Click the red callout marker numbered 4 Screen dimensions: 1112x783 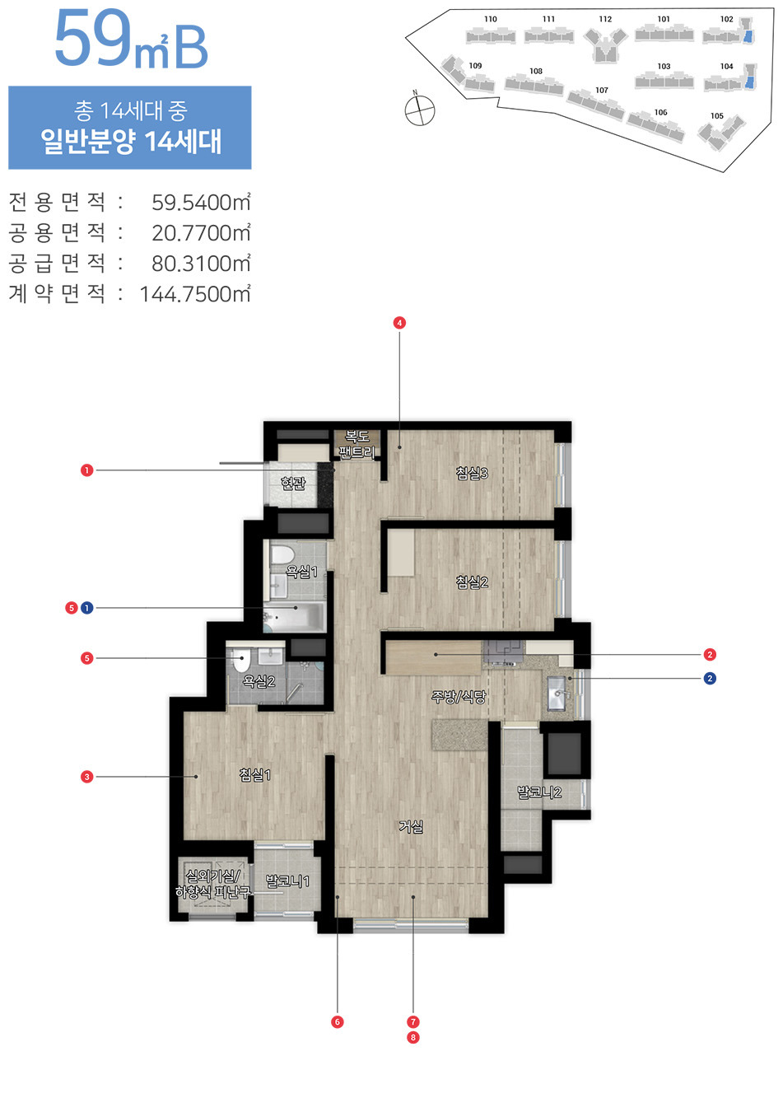point(399,323)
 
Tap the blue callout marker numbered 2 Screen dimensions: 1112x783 point(710,679)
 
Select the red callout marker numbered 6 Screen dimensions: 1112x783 point(337,1021)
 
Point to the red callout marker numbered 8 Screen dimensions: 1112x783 point(413,1037)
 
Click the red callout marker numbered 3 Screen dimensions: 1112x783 point(86,777)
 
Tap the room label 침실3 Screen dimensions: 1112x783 point(472,473)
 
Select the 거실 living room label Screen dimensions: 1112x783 point(411,826)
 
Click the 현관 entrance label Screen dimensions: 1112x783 point(293,484)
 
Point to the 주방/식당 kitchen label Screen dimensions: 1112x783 point(459,697)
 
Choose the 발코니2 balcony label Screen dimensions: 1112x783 point(539,792)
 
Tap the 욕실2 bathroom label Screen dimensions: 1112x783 point(259,681)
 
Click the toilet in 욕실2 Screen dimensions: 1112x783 point(240,661)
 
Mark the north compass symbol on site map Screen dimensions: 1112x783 point(420,109)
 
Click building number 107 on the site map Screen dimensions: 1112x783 point(602,91)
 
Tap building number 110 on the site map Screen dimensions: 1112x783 point(491,19)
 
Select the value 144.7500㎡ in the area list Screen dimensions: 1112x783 point(195,294)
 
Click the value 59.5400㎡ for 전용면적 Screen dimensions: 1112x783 point(201,203)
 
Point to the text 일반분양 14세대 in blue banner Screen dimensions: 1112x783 point(131,142)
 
